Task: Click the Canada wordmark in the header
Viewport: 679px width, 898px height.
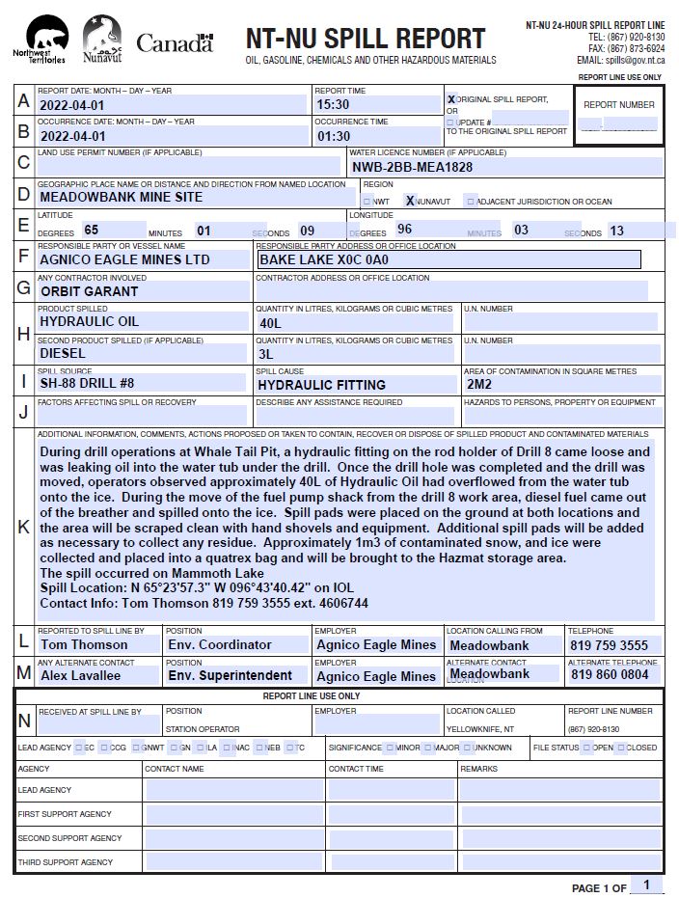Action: click(x=175, y=42)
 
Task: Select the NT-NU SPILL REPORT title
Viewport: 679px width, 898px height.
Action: click(x=366, y=38)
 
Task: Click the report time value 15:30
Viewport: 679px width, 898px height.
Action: click(x=333, y=104)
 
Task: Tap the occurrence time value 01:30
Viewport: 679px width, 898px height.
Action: click(x=333, y=136)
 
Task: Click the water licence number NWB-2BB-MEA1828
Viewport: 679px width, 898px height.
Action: click(x=412, y=167)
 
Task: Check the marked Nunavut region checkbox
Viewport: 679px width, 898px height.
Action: click(x=410, y=202)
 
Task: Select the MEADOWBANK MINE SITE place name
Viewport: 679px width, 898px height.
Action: click(x=122, y=197)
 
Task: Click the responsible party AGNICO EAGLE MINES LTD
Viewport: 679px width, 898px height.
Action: click(x=124, y=259)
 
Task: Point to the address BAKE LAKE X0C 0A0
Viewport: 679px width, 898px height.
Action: click(x=324, y=259)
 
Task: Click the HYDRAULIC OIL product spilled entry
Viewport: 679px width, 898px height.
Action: click(x=90, y=322)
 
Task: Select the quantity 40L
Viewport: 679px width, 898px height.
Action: click(x=270, y=323)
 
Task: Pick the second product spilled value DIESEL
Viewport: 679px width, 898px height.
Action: click(x=64, y=354)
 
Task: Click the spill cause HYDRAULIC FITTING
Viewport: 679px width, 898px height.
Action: click(x=321, y=385)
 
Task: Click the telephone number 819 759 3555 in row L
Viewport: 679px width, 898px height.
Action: click(x=609, y=645)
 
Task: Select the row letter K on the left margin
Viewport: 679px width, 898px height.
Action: click(x=23, y=527)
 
